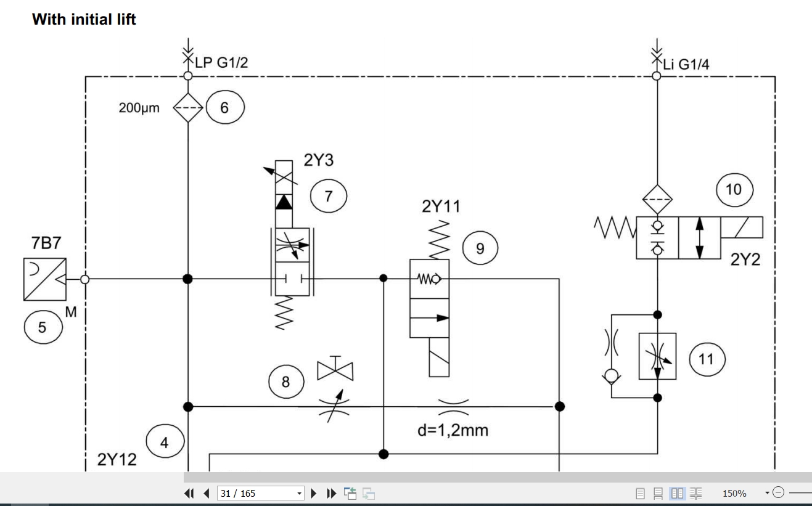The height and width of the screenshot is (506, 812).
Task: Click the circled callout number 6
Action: tap(225, 107)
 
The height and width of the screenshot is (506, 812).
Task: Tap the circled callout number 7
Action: tap(329, 196)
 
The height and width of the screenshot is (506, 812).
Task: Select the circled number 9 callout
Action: tap(480, 248)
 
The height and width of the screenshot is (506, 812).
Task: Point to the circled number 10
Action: tap(734, 190)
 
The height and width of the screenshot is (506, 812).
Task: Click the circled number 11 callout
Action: tap(707, 359)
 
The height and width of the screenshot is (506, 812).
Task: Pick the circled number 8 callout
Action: tap(286, 382)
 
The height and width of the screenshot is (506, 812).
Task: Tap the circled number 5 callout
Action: tap(43, 327)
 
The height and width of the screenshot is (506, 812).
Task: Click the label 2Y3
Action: tap(318, 160)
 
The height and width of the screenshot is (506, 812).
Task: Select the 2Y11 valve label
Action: tap(441, 206)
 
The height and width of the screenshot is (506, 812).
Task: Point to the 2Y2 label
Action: tap(745, 259)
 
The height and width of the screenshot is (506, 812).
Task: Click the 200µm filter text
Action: tap(139, 108)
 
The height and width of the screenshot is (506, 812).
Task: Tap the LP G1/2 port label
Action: tap(221, 62)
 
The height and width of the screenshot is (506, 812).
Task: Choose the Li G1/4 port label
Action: tap(686, 65)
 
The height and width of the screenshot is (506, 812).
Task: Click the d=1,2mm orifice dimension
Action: tap(453, 430)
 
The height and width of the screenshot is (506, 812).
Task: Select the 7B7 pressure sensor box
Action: tap(45, 279)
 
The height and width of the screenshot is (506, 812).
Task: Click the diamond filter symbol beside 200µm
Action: tap(188, 108)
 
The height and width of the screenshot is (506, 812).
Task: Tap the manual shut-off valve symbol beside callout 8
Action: tap(335, 369)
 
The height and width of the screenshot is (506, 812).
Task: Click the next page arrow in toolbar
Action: tap(314, 493)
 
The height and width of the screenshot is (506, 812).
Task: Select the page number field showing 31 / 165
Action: tap(261, 493)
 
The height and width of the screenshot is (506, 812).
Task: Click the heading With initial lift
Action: tap(84, 19)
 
